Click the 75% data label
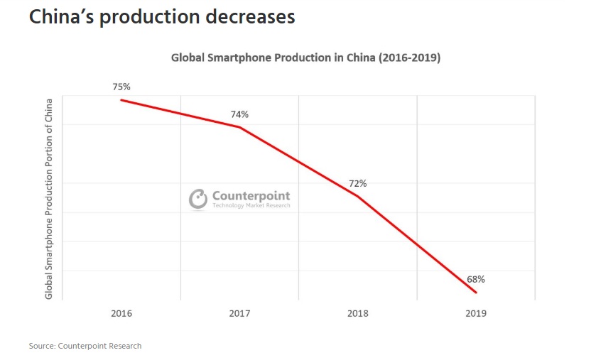pyautogui.click(x=121, y=87)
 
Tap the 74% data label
pyautogui.click(x=239, y=114)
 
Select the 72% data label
pyautogui.click(x=357, y=183)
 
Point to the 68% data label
pyautogui.click(x=476, y=279)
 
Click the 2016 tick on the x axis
pyautogui.click(x=121, y=313)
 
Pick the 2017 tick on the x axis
pyautogui.click(x=239, y=313)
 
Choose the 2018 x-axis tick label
pyautogui.click(x=358, y=313)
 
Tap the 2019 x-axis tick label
pyautogui.click(x=476, y=313)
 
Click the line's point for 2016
pyautogui.click(x=121, y=99)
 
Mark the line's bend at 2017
pyautogui.click(x=240, y=128)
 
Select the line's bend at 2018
pyautogui.click(x=358, y=195)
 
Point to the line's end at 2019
pyautogui.click(x=476, y=293)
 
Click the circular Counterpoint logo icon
pyautogui.click(x=198, y=199)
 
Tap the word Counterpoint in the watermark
pyautogui.click(x=251, y=196)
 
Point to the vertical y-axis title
pyautogui.click(x=49, y=199)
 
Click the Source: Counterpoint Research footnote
pyautogui.click(x=85, y=346)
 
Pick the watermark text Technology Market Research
pyautogui.click(x=251, y=206)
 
